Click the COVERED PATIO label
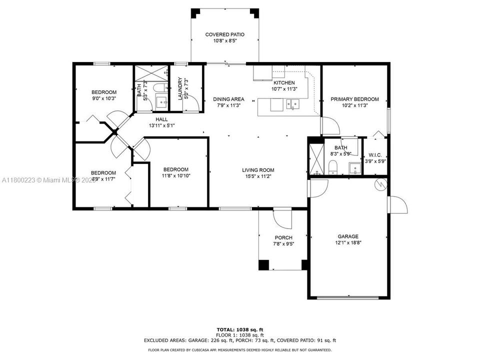tap(224, 34)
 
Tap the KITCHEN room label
tap(283, 82)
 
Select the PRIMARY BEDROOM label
tap(354, 99)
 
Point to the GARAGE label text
tap(347, 236)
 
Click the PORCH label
tap(283, 237)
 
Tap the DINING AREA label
tap(228, 99)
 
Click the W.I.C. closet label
tap(375, 155)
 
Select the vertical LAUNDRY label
tap(180, 88)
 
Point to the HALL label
tap(161, 119)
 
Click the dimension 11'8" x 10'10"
tap(176, 175)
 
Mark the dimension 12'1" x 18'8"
tap(347, 242)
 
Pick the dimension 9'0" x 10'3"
tap(103, 98)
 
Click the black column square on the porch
tap(263, 265)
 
